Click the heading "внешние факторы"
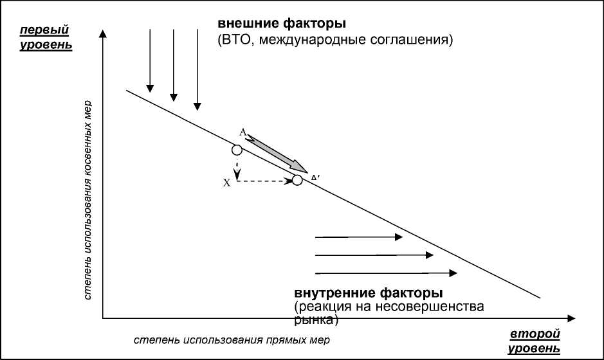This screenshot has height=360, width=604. (282, 24)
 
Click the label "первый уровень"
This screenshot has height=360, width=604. (45, 37)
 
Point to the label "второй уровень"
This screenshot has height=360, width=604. (535, 341)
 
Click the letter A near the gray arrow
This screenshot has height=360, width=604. (243, 132)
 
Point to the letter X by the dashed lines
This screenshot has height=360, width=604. (226, 183)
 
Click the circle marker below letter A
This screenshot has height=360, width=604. (237, 150)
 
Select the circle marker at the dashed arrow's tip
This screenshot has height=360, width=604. (297, 181)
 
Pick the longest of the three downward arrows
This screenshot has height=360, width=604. (197, 67)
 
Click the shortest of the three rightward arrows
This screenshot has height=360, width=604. (358, 237)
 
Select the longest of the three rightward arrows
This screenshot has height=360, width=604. (386, 273)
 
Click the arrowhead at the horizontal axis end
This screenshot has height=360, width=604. (570, 318)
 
